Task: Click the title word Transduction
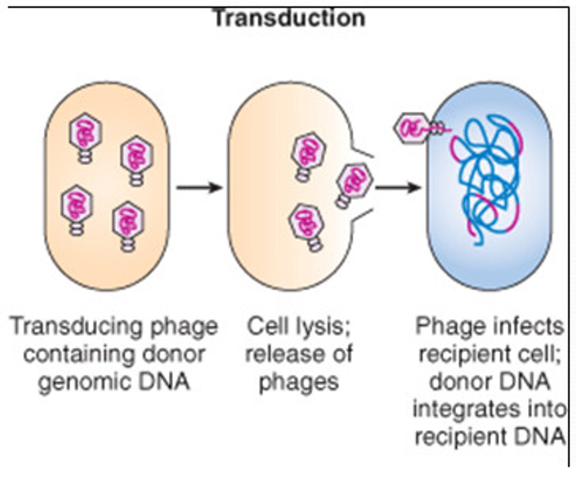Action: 289,18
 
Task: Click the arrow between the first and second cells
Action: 199,188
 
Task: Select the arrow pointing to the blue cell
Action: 398,188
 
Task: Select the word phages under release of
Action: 299,382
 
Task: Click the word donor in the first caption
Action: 177,354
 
